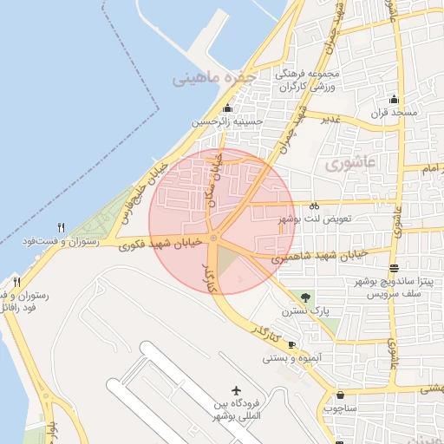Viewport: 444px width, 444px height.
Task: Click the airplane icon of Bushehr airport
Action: point(237,391)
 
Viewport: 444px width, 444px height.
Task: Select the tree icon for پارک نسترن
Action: point(304,297)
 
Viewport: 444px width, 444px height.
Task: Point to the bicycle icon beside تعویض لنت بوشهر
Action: point(315,206)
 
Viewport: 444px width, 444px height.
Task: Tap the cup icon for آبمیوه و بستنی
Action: point(291,344)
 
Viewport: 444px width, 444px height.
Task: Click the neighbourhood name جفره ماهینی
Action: point(216,79)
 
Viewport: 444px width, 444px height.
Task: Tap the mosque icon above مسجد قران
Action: point(395,99)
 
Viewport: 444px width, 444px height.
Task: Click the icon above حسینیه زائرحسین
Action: point(227,108)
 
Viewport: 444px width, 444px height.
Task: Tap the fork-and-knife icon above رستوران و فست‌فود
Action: point(61,227)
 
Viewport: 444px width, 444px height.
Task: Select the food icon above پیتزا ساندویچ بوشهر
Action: point(395,268)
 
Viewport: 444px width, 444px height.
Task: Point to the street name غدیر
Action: point(330,120)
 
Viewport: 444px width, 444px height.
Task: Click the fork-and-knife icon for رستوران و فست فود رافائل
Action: point(17,282)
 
